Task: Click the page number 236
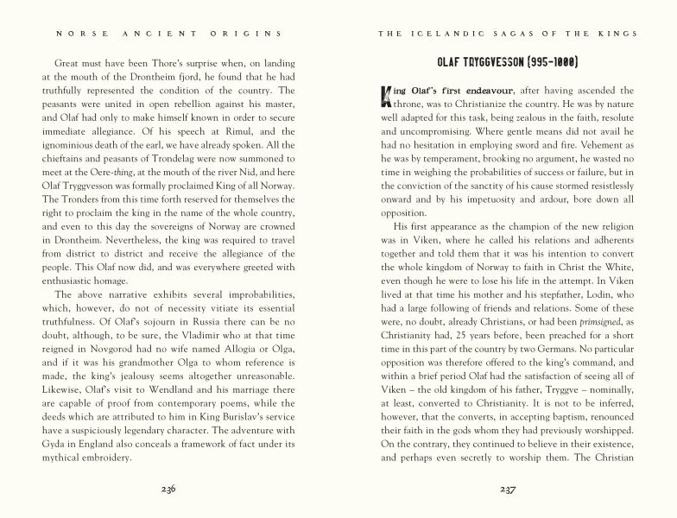(x=168, y=488)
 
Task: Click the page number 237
(x=508, y=488)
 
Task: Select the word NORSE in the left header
(x=76, y=34)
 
